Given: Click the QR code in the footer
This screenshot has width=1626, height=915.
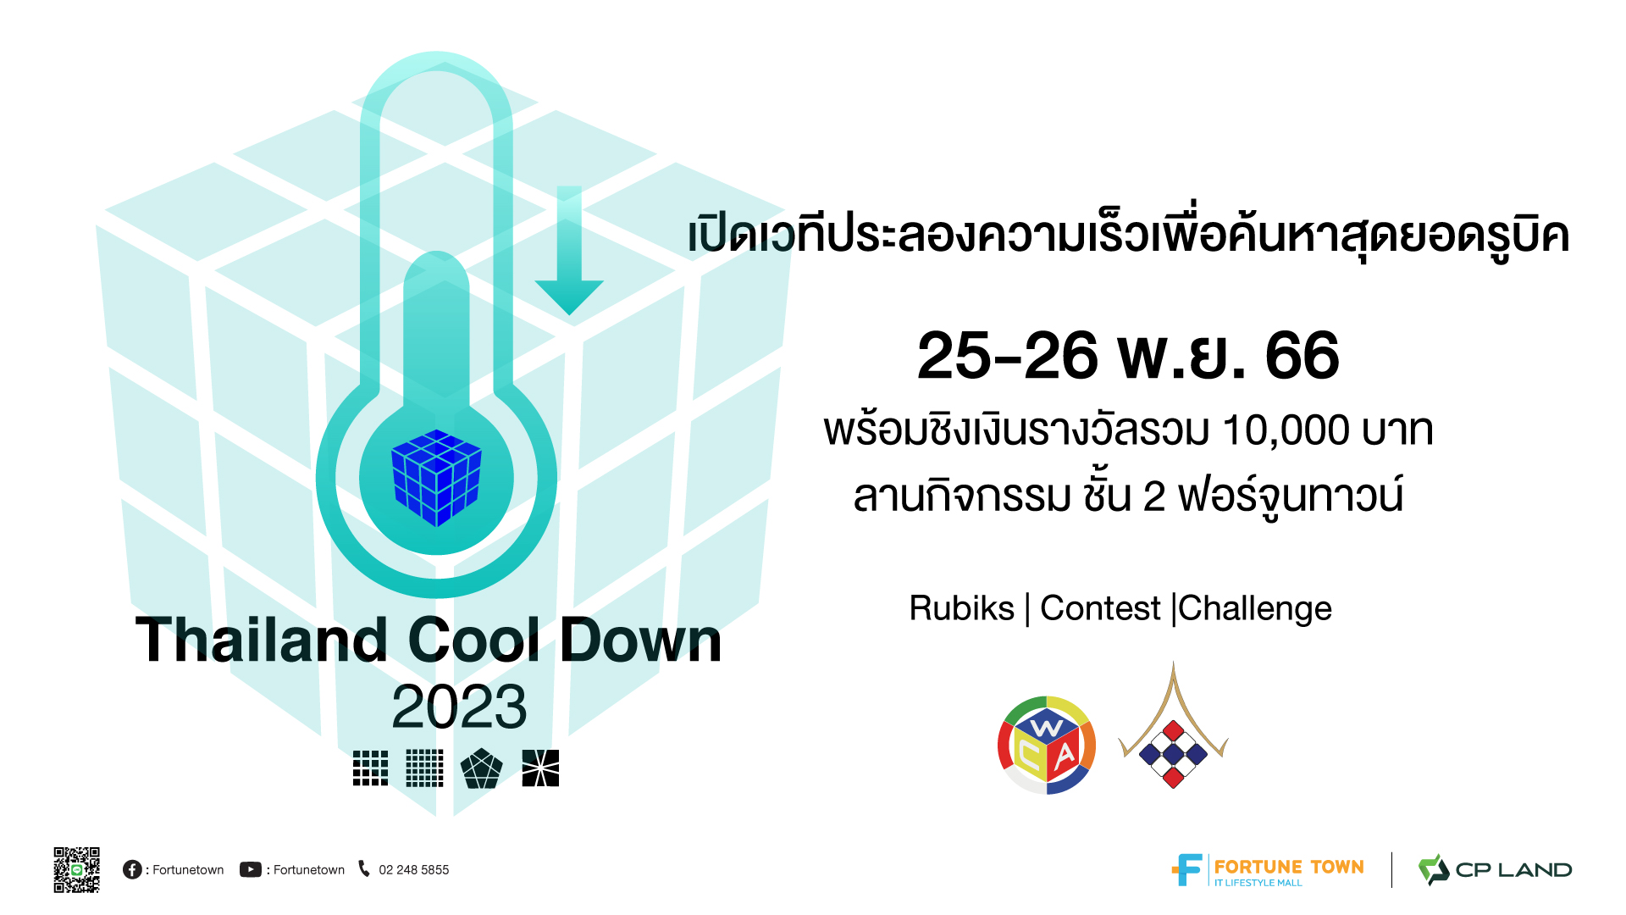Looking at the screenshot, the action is [77, 869].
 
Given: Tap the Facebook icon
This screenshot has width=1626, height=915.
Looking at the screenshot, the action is [132, 869].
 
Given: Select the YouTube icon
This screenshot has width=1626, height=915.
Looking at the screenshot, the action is [251, 869].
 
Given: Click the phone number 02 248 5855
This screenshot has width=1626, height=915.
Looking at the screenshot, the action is [414, 870].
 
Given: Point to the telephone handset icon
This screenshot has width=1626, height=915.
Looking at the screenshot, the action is [364, 868].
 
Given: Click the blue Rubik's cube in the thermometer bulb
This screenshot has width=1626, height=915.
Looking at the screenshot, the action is [436, 478].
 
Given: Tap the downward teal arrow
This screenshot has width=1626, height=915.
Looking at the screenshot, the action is [569, 251].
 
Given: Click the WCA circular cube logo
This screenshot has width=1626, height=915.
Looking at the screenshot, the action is [1047, 746].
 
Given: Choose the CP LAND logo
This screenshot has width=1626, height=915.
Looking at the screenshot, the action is [1496, 870].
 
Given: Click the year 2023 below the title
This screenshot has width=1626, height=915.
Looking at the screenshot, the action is [459, 707].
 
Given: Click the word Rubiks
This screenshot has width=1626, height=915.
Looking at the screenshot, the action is [961, 608].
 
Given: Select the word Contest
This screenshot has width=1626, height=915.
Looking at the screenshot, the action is [1100, 608].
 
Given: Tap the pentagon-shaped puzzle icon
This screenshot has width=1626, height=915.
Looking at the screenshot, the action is [481, 768].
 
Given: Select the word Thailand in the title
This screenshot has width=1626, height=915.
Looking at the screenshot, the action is [262, 640].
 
